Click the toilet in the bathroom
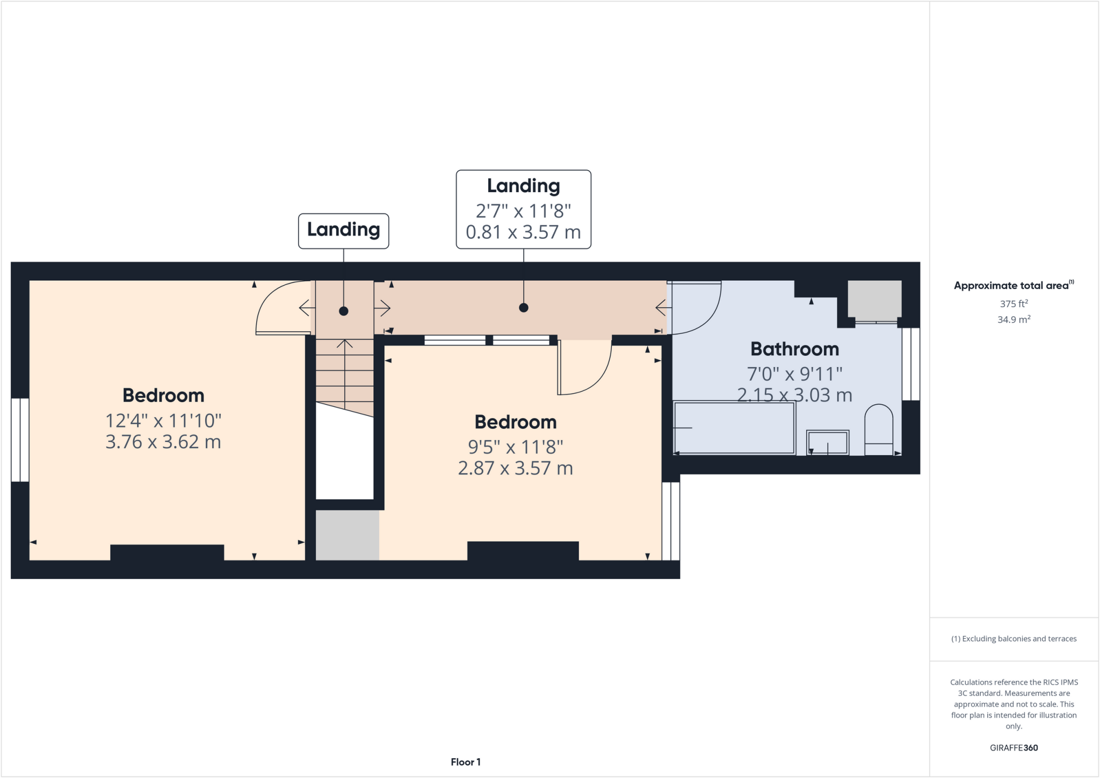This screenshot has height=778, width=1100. click(x=879, y=430)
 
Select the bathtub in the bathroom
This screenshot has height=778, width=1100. click(x=734, y=428)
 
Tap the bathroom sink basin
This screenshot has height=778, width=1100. click(x=828, y=442)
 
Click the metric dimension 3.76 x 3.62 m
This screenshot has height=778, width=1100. click(x=163, y=442)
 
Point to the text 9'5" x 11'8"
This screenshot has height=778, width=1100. click(x=515, y=447)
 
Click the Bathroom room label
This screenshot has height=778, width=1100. click(x=794, y=349)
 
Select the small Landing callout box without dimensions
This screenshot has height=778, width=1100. click(x=344, y=230)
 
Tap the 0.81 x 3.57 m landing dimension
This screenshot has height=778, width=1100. click(x=523, y=232)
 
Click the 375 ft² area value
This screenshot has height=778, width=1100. click(x=1014, y=303)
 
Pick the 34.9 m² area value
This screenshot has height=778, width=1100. click(x=1014, y=319)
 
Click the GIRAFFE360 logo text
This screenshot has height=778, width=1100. click(x=1014, y=747)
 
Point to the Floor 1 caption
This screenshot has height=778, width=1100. click(x=466, y=762)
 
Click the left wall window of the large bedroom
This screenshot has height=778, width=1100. click(x=20, y=440)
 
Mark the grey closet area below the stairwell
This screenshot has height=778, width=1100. click(x=347, y=535)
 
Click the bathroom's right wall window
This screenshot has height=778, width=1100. click(x=910, y=364)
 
